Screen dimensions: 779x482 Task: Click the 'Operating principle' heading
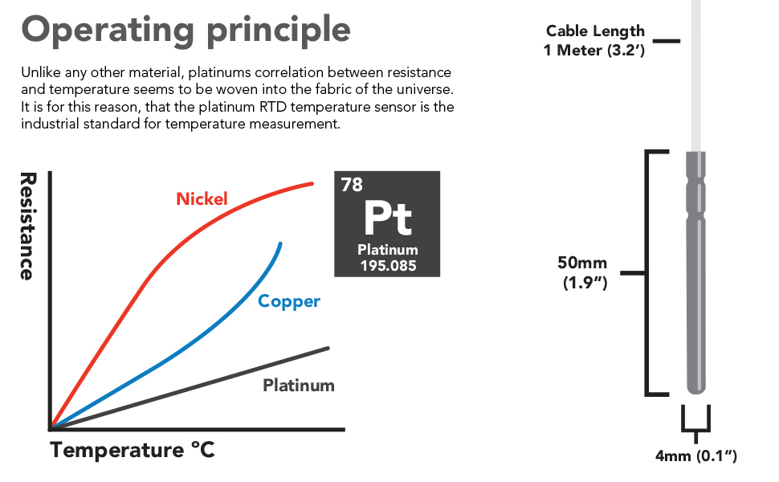coord(186,30)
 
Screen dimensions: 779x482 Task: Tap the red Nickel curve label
coord(202,198)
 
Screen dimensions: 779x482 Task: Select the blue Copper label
coord(289,301)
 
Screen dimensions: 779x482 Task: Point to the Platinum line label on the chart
coord(299,385)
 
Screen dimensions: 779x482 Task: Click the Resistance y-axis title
coord(27,226)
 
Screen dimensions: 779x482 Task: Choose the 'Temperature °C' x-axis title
coord(133,450)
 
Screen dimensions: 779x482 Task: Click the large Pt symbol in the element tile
coord(387,217)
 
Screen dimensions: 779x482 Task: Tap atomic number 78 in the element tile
coord(352,185)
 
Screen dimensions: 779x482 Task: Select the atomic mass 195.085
coord(388,265)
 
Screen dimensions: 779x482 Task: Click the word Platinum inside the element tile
coord(388,250)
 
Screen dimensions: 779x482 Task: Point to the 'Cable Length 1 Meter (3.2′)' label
coord(595,40)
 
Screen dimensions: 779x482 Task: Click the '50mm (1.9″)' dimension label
coord(584,272)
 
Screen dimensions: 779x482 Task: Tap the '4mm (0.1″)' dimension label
coord(695,456)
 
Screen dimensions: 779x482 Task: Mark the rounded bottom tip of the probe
coord(695,390)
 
